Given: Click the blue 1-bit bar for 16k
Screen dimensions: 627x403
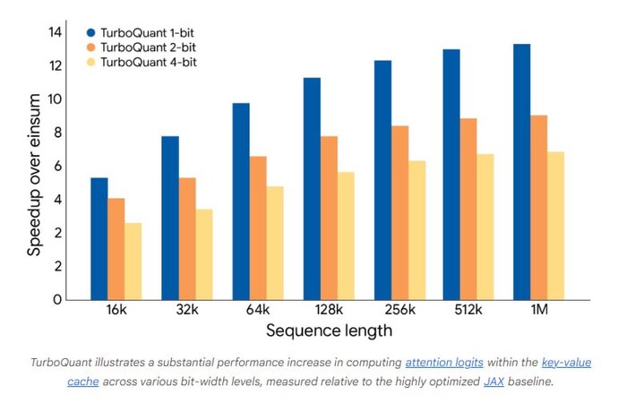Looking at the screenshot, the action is (99, 239).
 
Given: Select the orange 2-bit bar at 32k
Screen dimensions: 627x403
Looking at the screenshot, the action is (187, 239).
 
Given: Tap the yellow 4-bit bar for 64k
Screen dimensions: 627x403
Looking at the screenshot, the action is (275, 243).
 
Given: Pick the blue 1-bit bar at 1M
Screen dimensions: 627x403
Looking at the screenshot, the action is (522, 172).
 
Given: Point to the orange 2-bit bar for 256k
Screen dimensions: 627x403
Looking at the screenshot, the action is (399, 213).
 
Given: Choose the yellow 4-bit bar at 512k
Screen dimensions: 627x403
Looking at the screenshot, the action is (485, 227).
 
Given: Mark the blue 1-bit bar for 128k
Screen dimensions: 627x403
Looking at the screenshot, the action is (312, 189).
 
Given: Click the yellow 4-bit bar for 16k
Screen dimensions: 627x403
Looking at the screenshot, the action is (133, 262).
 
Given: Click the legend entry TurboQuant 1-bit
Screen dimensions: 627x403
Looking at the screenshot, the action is (141, 33).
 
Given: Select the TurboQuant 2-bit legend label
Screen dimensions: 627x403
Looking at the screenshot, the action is (149, 47).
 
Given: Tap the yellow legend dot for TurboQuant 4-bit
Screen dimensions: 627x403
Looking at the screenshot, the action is (91, 63).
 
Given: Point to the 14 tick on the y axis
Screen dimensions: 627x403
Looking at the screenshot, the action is (56, 32).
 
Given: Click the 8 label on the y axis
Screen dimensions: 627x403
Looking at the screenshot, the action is (58, 133).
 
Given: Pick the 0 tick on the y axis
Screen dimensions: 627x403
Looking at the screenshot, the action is (58, 299).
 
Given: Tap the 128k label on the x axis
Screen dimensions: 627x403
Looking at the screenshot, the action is (329, 310).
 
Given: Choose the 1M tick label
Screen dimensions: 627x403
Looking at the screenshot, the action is (539, 310).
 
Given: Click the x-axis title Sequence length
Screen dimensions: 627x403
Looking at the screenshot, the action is (329, 331).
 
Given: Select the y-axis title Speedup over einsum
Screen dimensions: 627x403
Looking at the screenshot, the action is (34, 175).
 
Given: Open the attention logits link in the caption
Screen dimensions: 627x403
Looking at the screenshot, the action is (444, 363).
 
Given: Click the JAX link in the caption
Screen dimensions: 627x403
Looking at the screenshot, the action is (494, 382).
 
